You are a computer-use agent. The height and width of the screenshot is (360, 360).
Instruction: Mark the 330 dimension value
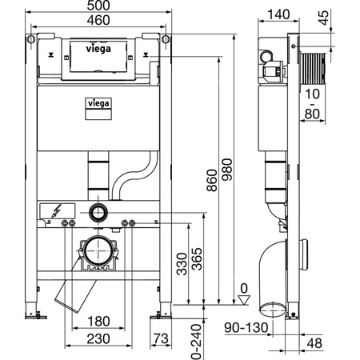182,262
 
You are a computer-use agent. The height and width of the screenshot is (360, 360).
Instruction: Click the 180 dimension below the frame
97,322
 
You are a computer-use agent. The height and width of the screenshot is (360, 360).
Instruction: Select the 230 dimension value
97,339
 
